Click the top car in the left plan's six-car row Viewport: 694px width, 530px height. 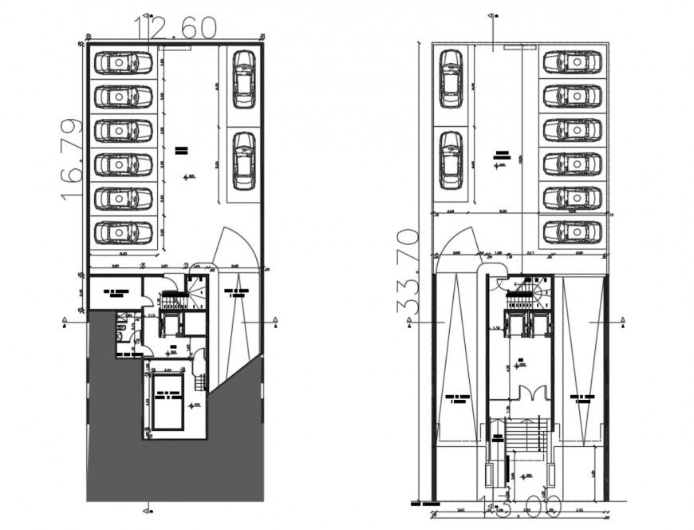[x=123, y=62]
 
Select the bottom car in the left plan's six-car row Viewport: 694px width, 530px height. [x=123, y=232]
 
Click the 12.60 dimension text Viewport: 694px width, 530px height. [x=176, y=28]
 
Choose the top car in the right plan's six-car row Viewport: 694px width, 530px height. [x=571, y=62]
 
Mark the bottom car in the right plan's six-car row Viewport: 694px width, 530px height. [x=571, y=232]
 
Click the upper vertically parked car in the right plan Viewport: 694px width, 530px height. [x=451, y=77]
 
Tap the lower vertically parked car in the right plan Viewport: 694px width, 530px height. [x=451, y=160]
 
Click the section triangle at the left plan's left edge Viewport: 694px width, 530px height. [x=64, y=321]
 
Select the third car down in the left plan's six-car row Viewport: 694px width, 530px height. [x=123, y=131]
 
